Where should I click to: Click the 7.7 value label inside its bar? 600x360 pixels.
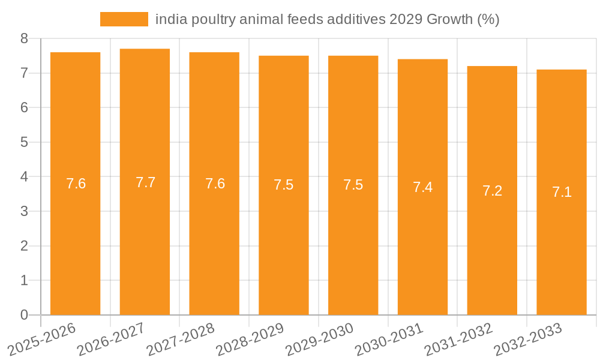(145, 182)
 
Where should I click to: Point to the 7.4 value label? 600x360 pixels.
(422, 187)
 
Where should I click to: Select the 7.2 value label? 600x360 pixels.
(492, 191)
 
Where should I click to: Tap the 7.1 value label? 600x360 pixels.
(562, 193)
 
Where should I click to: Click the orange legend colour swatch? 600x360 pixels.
(124, 19)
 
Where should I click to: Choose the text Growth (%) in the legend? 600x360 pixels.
(463, 19)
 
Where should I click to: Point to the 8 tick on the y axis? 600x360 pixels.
(24, 38)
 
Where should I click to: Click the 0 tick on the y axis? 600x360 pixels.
(24, 315)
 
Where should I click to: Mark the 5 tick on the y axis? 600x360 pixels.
(24, 142)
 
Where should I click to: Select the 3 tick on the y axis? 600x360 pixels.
(24, 211)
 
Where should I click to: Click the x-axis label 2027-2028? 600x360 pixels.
(180, 338)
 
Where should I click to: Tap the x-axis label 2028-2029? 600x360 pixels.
(250, 338)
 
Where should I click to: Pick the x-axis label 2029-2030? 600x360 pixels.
(319, 338)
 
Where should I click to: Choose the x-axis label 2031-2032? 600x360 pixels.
(458, 338)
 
